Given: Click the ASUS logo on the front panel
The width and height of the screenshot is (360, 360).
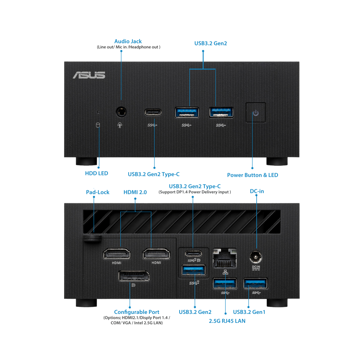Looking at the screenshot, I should (89, 75).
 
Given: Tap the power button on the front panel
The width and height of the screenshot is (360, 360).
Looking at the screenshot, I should (256, 113).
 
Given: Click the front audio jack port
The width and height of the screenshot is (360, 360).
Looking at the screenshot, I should (121, 112).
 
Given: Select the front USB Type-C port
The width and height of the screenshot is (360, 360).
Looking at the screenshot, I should (153, 112).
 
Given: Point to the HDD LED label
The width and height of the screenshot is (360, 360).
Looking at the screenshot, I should (96, 174).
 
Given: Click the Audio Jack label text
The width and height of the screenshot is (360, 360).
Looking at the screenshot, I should (128, 41).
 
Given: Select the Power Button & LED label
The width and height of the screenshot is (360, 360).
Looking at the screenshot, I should (252, 175).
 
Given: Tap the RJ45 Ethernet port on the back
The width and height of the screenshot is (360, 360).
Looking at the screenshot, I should (225, 258).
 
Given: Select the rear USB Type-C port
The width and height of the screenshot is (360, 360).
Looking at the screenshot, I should (194, 252).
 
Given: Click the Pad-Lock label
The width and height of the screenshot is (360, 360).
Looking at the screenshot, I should (98, 192).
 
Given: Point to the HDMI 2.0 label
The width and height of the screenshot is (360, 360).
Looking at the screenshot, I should (135, 193).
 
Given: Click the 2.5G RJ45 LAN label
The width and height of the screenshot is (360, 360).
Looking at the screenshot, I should (227, 320).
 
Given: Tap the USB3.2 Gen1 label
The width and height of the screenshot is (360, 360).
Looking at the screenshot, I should (249, 312).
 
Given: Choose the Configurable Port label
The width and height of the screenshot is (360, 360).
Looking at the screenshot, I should (136, 312).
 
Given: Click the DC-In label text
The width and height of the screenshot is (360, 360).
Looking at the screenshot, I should (257, 192).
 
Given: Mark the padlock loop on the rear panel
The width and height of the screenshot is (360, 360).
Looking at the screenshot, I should (92, 239).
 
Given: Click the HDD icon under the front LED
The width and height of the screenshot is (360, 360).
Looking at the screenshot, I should (97, 125).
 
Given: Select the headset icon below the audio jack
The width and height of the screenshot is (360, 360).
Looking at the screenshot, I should (120, 125).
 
